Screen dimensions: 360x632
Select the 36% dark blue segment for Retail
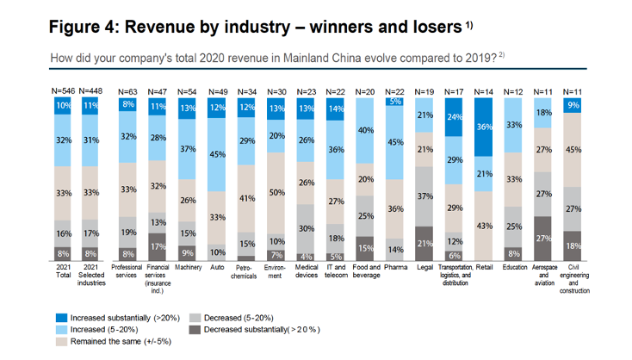click(x=485, y=127)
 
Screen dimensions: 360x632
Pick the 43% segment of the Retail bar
click(x=485, y=225)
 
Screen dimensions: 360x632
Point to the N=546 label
click(x=63, y=90)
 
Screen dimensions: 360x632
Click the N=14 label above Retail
click(x=485, y=90)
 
